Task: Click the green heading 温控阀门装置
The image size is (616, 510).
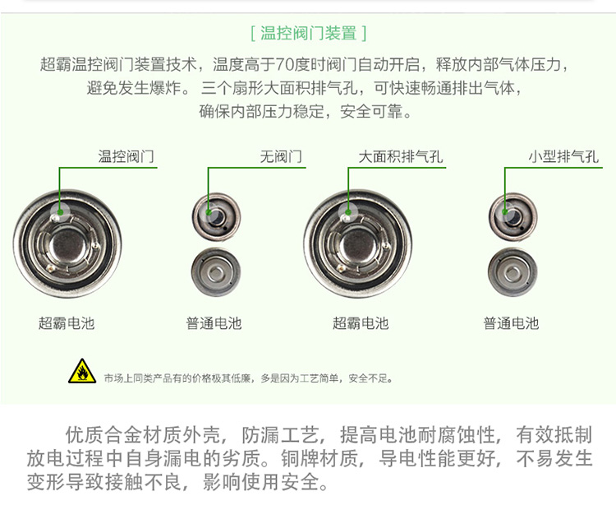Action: coord(308,33)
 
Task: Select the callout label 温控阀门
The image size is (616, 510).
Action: coord(126,156)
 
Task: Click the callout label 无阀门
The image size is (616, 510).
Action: coord(281,156)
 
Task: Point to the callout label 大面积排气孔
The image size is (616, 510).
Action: coord(401,156)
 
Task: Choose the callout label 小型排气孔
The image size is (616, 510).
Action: coord(563,156)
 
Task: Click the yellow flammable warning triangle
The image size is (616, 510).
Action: coord(82,371)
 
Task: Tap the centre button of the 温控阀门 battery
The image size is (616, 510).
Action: coord(69,246)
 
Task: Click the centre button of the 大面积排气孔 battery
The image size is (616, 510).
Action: coord(360,246)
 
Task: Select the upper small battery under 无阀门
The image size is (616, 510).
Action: coord(217,217)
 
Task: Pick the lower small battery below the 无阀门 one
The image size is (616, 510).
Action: coord(216,272)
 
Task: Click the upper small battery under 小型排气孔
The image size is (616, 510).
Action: coord(513,217)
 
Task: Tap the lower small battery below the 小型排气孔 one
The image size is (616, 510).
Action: coord(513,272)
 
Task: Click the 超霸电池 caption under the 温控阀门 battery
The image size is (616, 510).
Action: coord(67,323)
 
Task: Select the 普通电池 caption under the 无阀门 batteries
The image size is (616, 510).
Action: coord(214,323)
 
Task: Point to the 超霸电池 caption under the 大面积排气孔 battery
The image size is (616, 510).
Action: coord(361,323)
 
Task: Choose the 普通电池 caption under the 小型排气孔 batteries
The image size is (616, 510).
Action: coord(511,323)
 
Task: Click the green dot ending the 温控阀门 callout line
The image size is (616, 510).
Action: coord(60,212)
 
